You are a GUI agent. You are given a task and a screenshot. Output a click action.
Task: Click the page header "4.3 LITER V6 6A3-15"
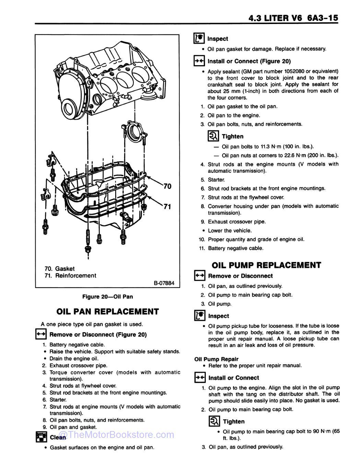(x=293, y=18)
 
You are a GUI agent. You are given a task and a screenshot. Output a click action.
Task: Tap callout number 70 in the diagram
(x=167, y=186)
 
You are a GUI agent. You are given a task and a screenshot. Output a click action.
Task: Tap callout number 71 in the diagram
(x=167, y=206)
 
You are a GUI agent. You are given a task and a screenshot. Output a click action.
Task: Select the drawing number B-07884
(x=164, y=283)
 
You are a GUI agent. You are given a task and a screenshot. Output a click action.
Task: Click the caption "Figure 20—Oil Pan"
(x=107, y=297)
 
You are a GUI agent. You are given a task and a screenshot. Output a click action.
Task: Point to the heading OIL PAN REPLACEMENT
(x=107, y=311)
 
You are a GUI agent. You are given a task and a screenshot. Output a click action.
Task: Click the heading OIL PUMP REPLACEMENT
(x=266, y=265)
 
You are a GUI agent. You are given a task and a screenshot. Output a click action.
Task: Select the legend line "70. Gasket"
(x=60, y=268)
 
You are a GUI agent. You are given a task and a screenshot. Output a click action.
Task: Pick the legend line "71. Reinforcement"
(x=71, y=275)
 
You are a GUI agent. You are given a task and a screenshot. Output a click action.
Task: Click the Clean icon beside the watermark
(x=41, y=437)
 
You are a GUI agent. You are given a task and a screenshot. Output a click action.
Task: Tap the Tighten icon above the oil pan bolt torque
(x=213, y=136)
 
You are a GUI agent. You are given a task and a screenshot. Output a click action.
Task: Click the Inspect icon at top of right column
(x=199, y=38)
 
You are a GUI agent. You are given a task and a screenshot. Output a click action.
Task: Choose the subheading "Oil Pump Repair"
(x=216, y=359)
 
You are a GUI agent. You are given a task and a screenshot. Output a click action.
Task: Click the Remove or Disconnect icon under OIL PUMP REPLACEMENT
(x=200, y=276)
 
